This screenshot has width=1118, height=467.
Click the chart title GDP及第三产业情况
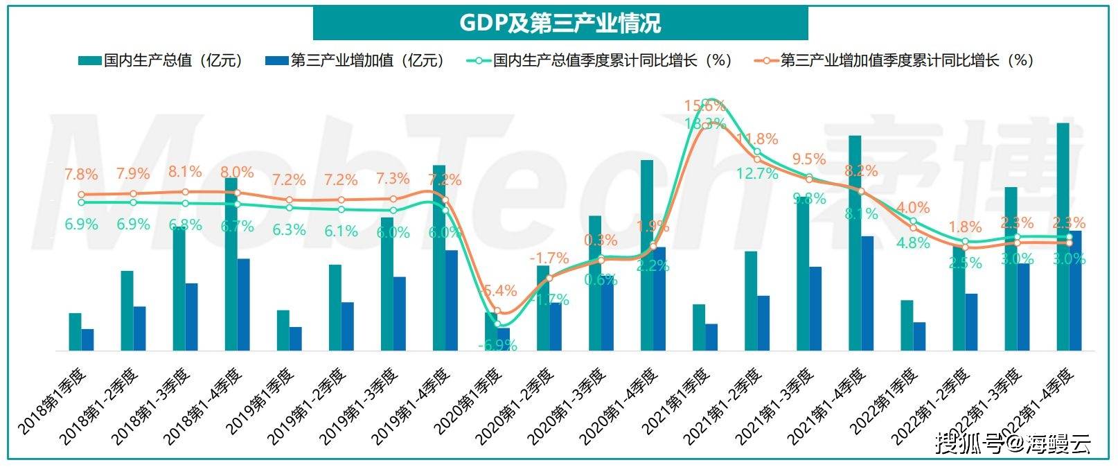(560, 23)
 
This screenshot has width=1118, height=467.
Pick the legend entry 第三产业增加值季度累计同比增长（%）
(894, 60)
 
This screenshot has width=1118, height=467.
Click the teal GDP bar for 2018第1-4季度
(231, 264)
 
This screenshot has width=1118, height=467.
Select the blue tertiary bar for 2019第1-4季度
(452, 300)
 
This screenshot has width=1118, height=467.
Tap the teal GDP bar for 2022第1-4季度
(1063, 236)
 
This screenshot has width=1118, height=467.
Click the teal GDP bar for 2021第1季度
(699, 327)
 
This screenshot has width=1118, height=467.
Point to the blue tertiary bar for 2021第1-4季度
(867, 293)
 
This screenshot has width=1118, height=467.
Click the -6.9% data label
(497, 344)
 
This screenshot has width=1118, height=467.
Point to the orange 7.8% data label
(81, 175)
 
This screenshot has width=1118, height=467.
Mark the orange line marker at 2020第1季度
(497, 312)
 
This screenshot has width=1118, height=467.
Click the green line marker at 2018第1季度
(81, 202)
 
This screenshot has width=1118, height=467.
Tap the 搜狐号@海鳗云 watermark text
(1013, 443)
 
